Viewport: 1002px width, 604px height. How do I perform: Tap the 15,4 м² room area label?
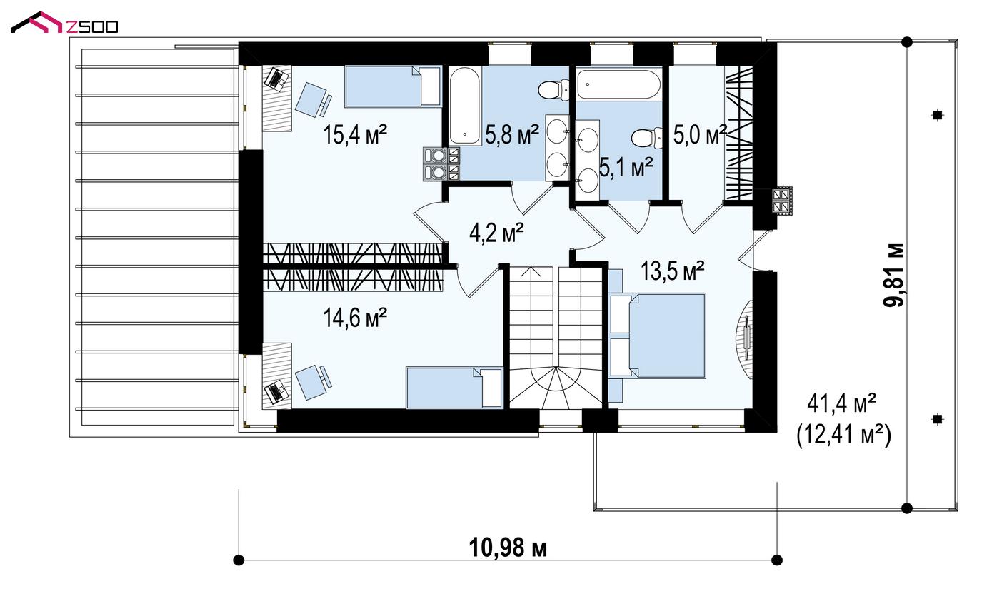(355, 134)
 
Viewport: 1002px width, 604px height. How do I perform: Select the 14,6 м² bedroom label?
(355, 318)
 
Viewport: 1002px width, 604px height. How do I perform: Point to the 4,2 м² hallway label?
(496, 233)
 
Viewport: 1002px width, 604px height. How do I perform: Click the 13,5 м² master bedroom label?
(673, 271)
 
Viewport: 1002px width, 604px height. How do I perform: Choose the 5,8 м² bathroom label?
(512, 134)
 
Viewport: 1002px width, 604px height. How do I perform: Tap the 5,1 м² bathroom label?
(626, 168)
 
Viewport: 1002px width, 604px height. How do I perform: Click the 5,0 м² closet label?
(700, 134)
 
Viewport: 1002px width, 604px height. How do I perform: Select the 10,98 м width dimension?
(508, 548)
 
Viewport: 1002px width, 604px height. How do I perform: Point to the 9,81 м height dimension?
(893, 275)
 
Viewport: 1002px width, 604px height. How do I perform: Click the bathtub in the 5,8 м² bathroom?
(465, 106)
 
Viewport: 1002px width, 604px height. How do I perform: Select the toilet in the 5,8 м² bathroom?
(553, 90)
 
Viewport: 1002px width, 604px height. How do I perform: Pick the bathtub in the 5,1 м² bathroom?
(619, 84)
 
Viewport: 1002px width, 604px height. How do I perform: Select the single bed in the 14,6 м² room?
(454, 388)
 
